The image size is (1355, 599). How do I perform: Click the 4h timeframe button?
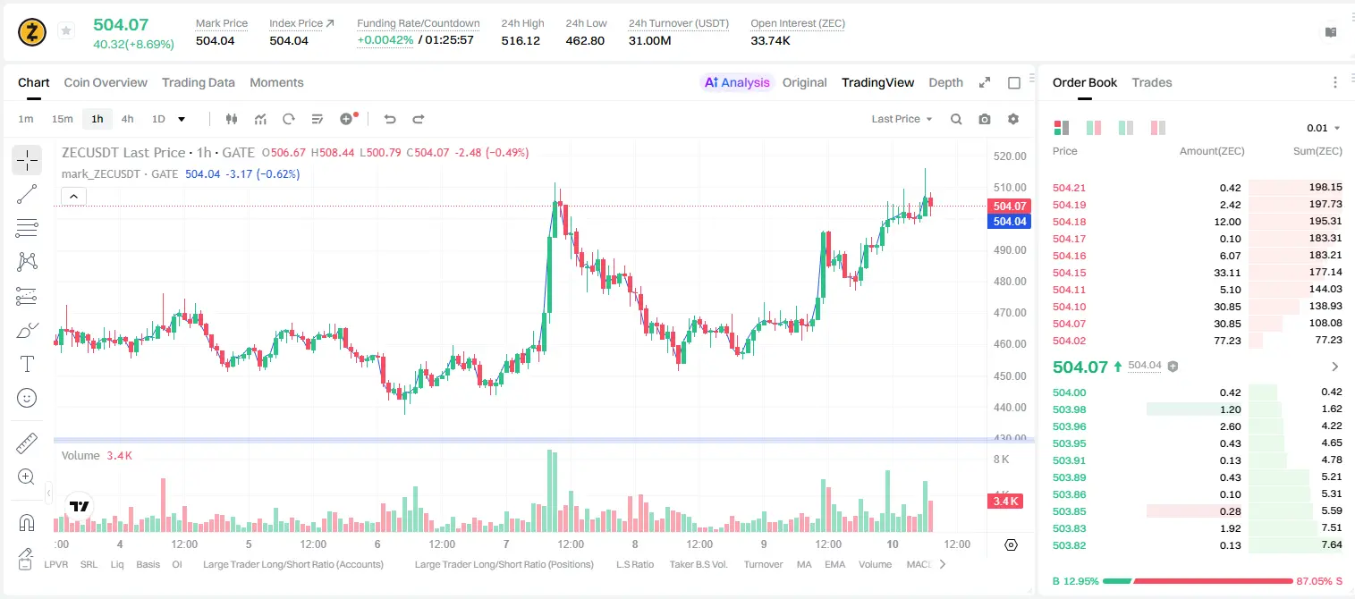(127, 119)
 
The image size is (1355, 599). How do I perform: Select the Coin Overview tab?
(106, 82)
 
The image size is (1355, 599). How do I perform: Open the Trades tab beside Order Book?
(1152, 82)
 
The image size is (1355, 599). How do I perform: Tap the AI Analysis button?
(737, 82)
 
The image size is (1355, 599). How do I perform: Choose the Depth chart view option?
(945, 82)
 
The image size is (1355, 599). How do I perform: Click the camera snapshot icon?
(985, 119)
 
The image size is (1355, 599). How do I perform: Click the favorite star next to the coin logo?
(66, 30)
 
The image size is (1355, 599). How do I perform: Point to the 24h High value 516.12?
(521, 40)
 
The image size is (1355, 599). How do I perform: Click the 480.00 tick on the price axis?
(1010, 281)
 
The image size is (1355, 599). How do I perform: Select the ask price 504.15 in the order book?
(1069, 273)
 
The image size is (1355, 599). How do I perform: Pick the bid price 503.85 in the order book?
(1069, 511)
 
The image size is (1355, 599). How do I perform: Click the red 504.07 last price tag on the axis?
(1009, 207)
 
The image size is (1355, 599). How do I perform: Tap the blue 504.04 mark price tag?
(1009, 221)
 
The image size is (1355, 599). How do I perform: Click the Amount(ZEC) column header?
(1212, 151)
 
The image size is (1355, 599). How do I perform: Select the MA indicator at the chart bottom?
(804, 564)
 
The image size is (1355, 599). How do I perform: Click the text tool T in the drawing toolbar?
(27, 364)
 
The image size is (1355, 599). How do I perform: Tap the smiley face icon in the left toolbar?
(27, 399)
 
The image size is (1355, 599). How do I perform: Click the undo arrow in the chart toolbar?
(390, 119)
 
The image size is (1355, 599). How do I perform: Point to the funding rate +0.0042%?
(385, 40)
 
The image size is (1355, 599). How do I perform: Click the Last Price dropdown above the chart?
(902, 119)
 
